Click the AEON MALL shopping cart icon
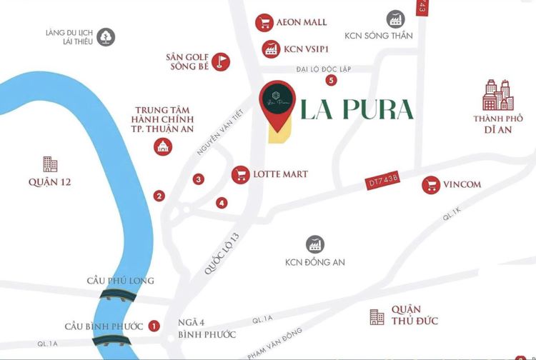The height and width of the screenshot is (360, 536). [265, 22]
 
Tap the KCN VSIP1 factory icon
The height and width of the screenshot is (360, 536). [272, 49]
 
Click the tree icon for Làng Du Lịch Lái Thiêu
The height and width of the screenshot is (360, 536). [106, 36]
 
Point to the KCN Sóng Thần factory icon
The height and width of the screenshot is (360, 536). [394, 19]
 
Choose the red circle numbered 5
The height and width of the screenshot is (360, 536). [332, 80]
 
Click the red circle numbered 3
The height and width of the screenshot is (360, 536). [198, 179]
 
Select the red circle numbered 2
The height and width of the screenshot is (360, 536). [159, 196]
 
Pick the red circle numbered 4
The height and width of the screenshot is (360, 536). [222, 203]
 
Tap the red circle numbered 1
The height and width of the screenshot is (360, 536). [154, 326]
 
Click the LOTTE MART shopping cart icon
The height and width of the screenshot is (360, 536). [241, 174]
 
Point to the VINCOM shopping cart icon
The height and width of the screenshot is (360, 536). [431, 185]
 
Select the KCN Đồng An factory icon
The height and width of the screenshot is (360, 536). [314, 244]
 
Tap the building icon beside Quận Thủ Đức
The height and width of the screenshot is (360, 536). [377, 317]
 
